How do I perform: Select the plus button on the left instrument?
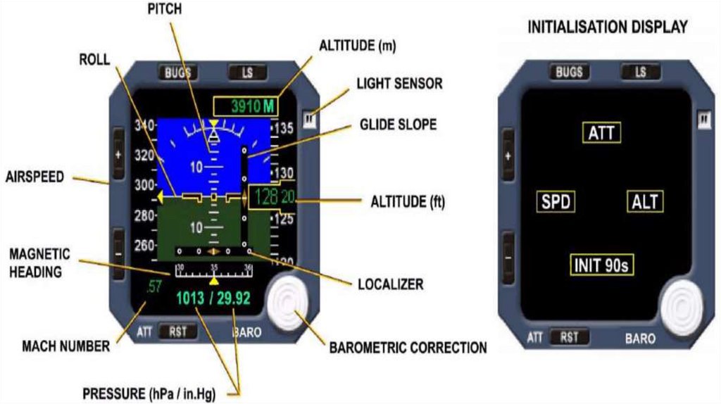point(118,154)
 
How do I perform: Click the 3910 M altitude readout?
point(245,106)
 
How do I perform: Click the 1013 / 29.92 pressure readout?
point(213,298)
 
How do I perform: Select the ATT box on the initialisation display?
point(602,132)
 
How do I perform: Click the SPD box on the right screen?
point(556,202)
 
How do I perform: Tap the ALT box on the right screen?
point(645,202)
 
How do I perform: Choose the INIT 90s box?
point(601,265)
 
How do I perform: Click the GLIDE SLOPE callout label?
point(398,125)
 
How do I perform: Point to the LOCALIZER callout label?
point(390,284)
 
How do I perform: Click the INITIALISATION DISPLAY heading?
point(608,27)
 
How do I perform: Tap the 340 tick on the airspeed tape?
point(144,125)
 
